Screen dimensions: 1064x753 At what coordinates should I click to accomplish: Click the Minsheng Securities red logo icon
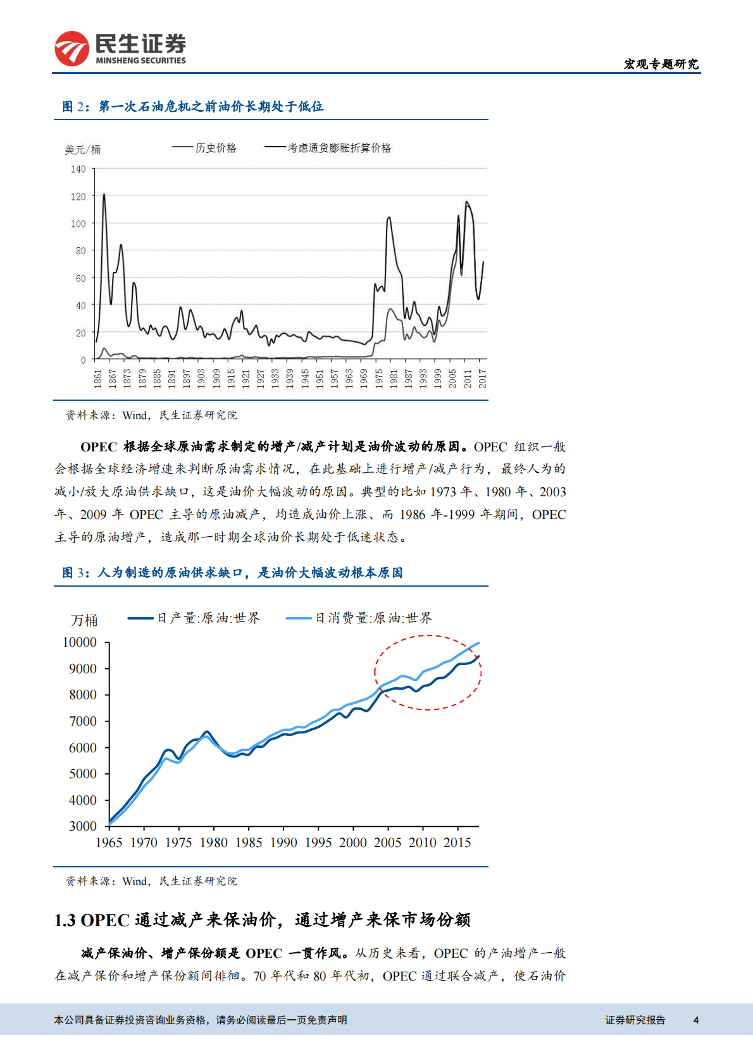coord(72,49)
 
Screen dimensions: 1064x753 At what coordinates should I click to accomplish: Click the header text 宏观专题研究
coord(661,64)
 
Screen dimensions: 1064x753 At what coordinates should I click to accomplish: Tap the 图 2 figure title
coord(192,107)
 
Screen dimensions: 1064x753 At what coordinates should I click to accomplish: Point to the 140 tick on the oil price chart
coord(78,169)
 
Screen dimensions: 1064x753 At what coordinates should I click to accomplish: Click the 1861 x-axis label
coord(98,379)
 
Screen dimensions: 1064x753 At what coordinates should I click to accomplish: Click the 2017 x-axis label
coord(482,379)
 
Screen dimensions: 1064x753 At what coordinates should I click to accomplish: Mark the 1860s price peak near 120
coord(104,195)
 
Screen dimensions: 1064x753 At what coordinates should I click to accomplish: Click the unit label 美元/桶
coord(82,150)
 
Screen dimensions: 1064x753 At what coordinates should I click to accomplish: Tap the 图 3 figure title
coord(232,573)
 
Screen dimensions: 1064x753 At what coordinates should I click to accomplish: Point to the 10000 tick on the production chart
coord(80,642)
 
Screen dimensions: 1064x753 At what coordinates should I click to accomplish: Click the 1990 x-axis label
coord(283,843)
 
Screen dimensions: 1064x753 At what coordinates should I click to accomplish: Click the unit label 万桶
coord(84,620)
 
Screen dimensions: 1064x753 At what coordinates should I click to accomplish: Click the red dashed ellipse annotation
coord(428,636)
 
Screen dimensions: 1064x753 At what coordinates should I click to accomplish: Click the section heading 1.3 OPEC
coord(262,920)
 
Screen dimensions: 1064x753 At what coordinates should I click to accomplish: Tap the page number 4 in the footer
coord(696,1020)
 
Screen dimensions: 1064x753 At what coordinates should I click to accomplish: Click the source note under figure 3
coord(151,881)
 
